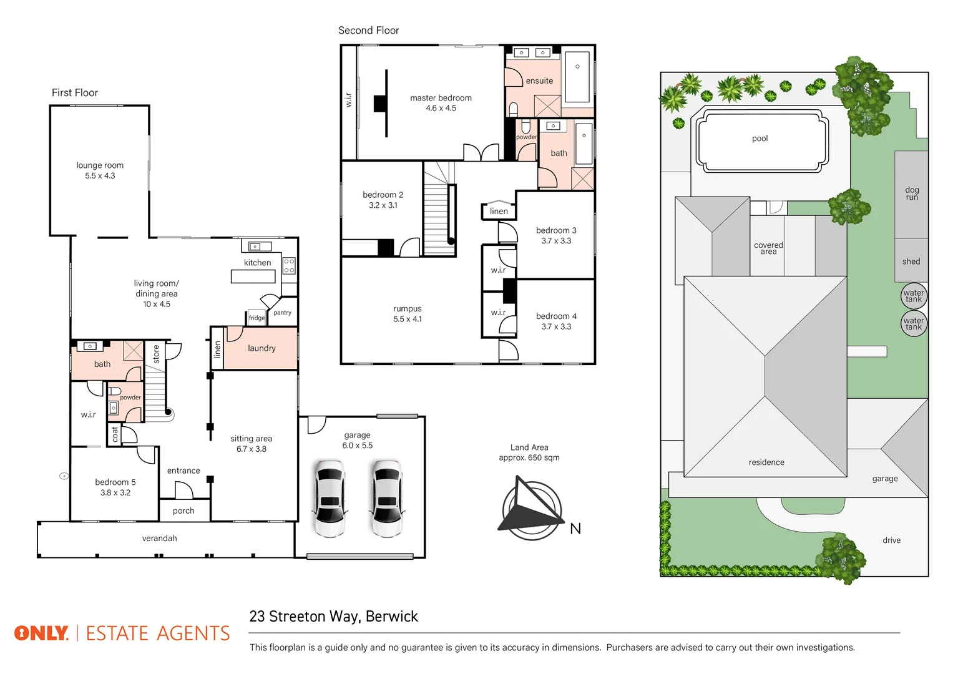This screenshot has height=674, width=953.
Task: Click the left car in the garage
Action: pyautogui.click(x=330, y=498)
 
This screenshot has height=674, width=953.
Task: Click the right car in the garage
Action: pyautogui.click(x=387, y=498)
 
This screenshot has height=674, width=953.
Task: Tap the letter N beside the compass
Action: pyautogui.click(x=575, y=529)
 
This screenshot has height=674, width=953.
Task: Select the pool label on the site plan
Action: pyautogui.click(x=760, y=139)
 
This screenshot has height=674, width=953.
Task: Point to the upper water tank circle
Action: pyautogui.click(x=914, y=296)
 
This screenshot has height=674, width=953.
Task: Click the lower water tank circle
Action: pyautogui.click(x=914, y=323)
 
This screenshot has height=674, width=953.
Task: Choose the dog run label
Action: pyautogui.click(x=912, y=193)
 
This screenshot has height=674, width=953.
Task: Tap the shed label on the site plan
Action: pyautogui.click(x=911, y=261)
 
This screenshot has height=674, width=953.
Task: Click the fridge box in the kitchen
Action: pyautogui.click(x=257, y=318)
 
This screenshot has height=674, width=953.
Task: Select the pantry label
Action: pyautogui.click(x=282, y=313)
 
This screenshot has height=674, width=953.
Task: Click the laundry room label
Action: pyautogui.click(x=261, y=348)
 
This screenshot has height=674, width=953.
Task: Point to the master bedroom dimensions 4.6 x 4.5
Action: pyautogui.click(x=441, y=108)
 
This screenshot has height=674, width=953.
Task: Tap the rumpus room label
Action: pyautogui.click(x=408, y=308)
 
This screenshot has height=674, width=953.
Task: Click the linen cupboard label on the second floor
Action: pyautogui.click(x=499, y=211)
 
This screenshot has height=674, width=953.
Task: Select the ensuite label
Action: pyautogui.click(x=539, y=81)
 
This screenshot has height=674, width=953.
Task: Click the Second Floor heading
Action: pyautogui.click(x=368, y=30)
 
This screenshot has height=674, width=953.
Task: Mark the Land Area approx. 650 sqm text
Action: pyautogui.click(x=529, y=452)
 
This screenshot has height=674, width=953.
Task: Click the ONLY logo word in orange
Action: pyautogui.click(x=41, y=633)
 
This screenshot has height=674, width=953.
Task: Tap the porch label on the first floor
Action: pyautogui.click(x=183, y=510)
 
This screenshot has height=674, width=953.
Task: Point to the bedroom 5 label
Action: pyautogui.click(x=115, y=482)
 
